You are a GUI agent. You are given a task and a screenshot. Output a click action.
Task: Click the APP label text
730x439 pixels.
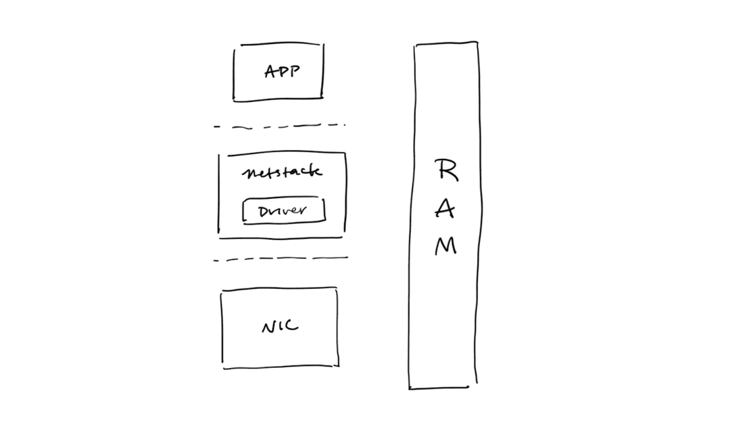[x=282, y=72]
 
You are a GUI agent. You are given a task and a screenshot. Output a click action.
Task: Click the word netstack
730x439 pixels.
[x=282, y=172]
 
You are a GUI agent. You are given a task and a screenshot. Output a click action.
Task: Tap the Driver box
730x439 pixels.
[x=284, y=210]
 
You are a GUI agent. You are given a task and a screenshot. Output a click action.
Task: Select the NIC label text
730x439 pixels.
[x=280, y=327]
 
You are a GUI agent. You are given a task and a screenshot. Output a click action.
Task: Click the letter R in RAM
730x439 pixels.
[x=445, y=170]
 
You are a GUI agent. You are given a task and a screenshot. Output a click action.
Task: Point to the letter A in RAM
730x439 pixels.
[x=445, y=209]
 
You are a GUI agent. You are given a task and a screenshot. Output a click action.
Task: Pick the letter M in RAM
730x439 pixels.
[x=445, y=246]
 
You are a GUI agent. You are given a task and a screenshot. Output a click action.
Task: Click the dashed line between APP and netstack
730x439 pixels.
[x=280, y=126]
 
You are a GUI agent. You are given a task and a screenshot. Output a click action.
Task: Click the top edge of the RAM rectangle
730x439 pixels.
[x=446, y=44]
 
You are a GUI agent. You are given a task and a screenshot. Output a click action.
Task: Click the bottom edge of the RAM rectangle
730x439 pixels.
[x=439, y=388]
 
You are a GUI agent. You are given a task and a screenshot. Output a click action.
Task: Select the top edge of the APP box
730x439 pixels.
[x=278, y=46]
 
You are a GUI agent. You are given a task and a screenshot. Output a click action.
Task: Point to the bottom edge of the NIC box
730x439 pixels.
[x=280, y=367]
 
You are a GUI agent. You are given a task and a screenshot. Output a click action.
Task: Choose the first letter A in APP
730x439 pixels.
[x=270, y=72]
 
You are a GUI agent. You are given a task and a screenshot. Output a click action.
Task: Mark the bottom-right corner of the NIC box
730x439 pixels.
[x=337, y=365]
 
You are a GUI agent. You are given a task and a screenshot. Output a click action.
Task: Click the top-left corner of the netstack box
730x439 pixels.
[x=219, y=156]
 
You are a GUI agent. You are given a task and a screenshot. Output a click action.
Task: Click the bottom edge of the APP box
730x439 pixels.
[x=278, y=100]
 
